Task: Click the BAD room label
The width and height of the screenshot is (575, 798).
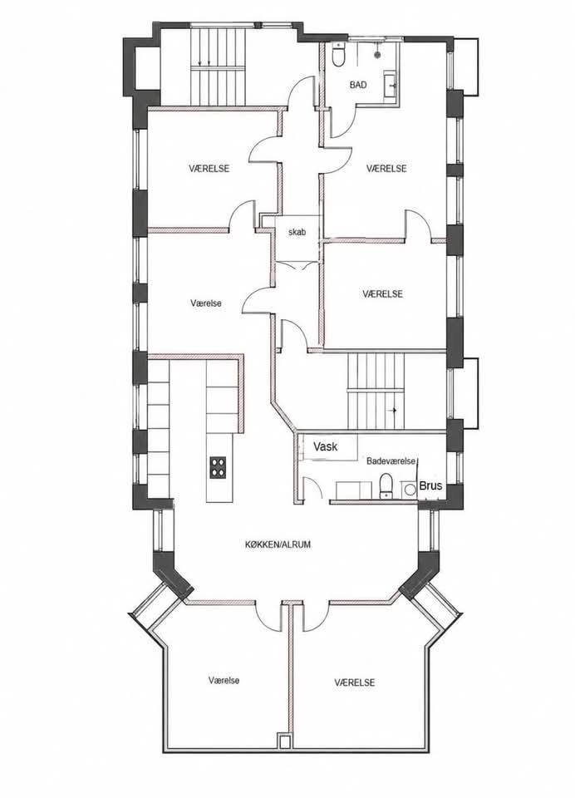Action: (358, 85)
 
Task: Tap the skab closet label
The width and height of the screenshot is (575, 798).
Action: (297, 232)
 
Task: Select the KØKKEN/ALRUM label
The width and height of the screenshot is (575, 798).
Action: (278, 544)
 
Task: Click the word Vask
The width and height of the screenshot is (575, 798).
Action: (326, 447)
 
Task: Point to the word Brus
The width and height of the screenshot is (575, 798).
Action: (430, 485)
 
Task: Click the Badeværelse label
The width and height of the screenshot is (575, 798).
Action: (391, 461)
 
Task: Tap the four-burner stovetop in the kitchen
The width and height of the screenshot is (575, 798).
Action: (218, 467)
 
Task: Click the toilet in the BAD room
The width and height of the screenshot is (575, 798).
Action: (338, 55)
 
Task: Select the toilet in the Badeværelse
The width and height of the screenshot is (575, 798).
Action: (386, 485)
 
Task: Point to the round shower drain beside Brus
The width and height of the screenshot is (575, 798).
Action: (409, 489)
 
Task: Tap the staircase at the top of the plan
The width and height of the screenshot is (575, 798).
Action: (218, 66)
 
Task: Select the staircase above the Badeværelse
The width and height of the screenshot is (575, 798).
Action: (376, 392)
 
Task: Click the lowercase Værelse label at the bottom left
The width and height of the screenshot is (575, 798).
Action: (224, 680)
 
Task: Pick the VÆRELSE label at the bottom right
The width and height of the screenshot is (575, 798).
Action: (355, 682)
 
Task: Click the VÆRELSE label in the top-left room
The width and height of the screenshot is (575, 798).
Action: (209, 168)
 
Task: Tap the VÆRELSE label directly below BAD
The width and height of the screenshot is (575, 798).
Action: (386, 168)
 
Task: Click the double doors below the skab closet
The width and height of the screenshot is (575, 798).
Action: (297, 265)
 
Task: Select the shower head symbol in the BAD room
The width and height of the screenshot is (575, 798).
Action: (378, 53)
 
